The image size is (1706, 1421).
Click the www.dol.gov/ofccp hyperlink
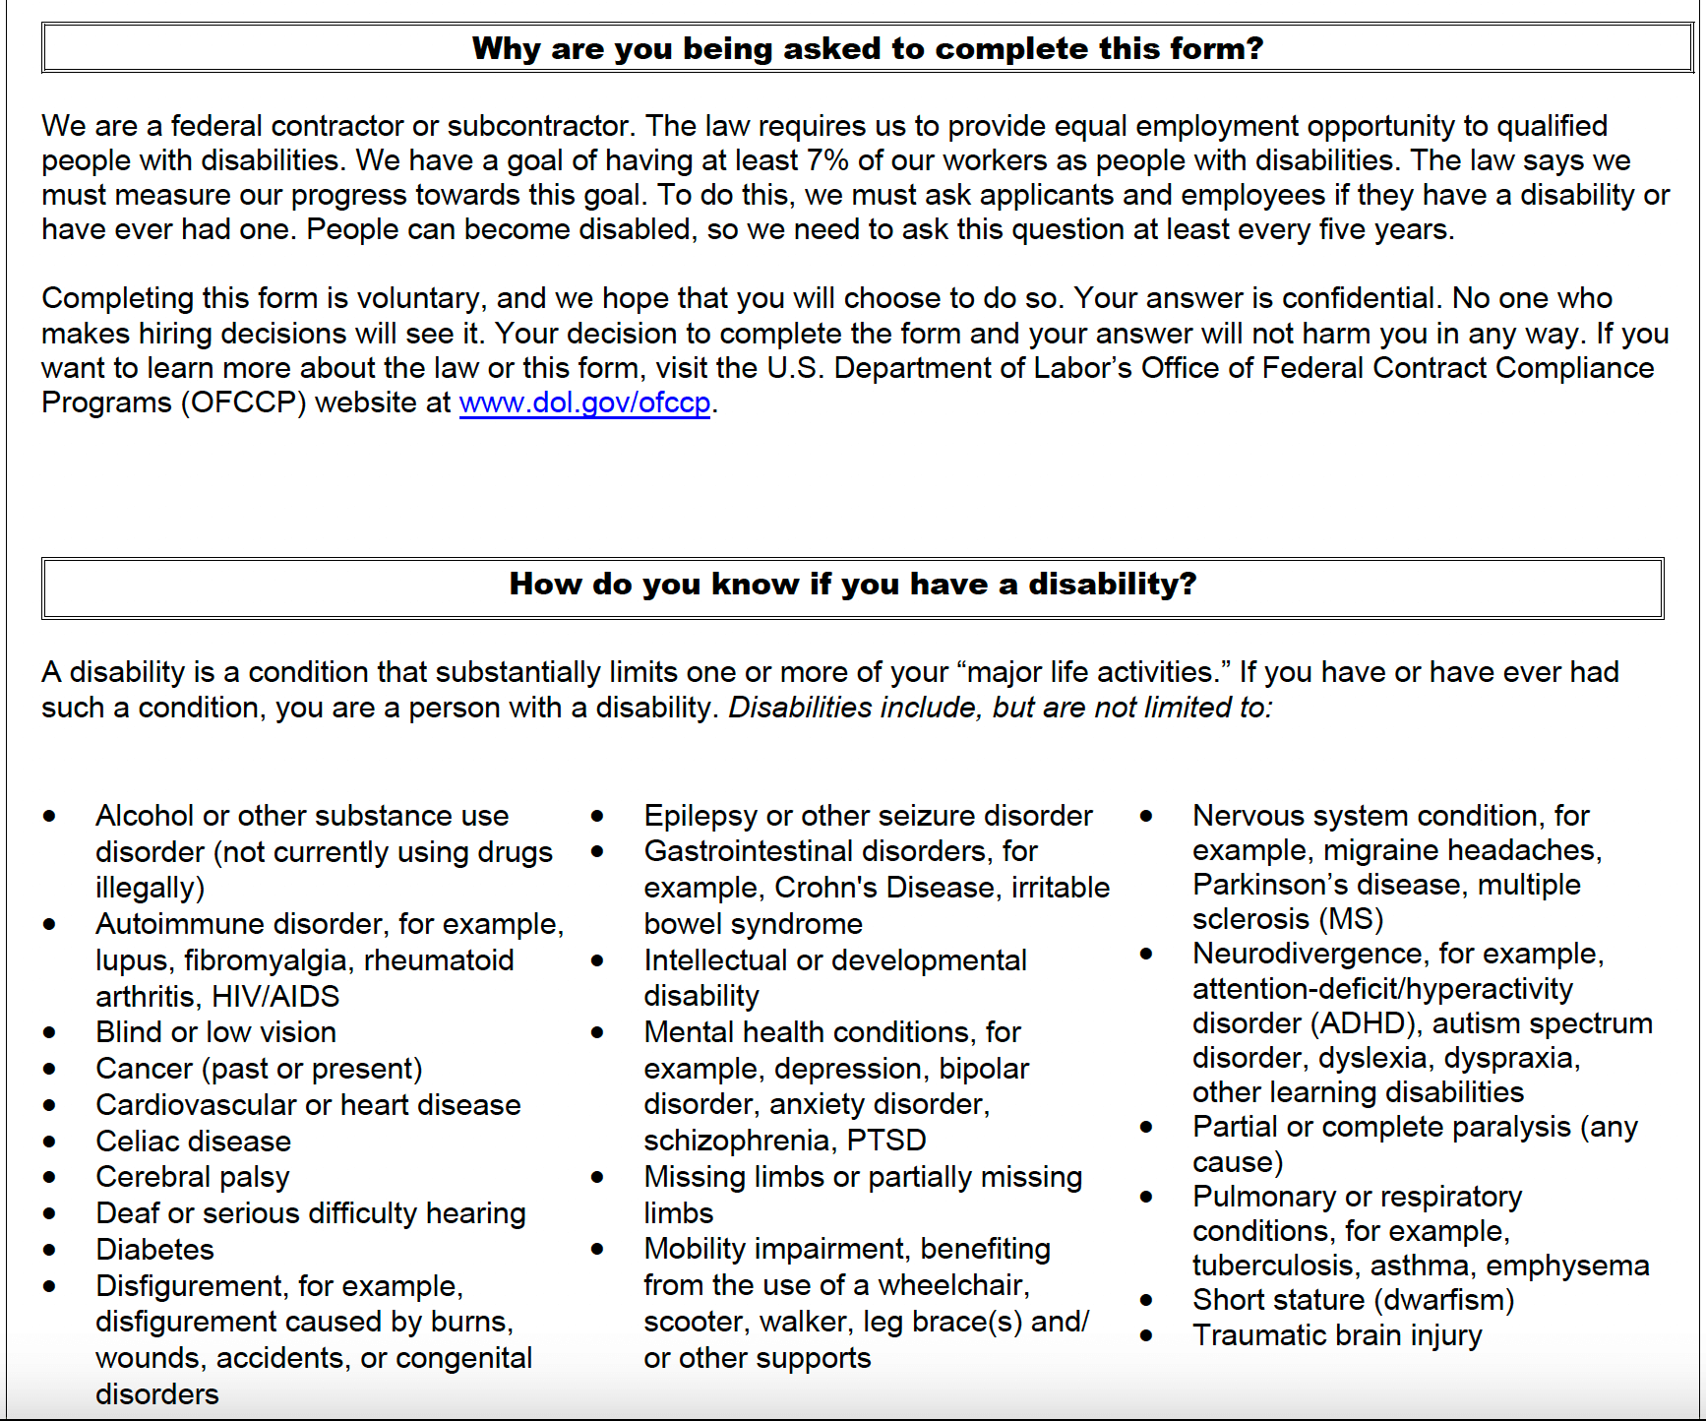click(584, 402)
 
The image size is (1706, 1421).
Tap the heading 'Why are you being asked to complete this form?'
click(867, 48)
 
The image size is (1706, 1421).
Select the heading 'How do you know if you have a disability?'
click(852, 584)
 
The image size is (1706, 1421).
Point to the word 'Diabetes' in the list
click(154, 1250)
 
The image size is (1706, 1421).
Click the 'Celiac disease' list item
click(193, 1142)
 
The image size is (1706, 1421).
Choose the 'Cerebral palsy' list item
click(193, 1177)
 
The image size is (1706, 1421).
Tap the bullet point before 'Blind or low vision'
click(49, 1032)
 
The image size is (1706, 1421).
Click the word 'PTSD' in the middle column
click(886, 1141)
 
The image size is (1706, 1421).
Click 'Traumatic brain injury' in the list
click(1336, 1335)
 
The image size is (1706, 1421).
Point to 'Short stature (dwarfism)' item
click(1353, 1300)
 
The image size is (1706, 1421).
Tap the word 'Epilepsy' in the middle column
click(701, 816)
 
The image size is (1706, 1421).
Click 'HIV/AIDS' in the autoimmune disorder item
click(275, 997)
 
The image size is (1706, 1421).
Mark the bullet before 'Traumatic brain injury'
click(1146, 1336)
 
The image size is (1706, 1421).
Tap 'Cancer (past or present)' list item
click(259, 1069)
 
